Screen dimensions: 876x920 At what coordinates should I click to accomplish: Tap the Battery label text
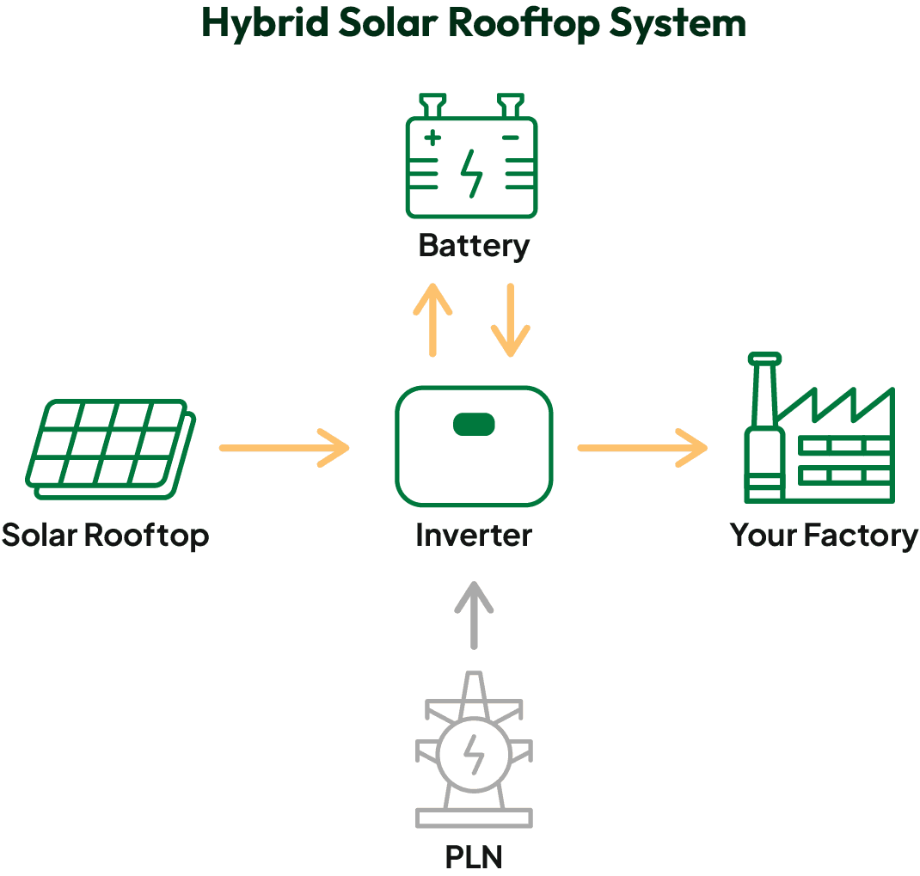(474, 246)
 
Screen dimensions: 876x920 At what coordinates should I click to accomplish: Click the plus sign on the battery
(432, 137)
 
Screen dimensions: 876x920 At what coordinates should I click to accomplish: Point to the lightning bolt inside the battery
(471, 172)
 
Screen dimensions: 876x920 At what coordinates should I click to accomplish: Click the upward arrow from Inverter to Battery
(432, 319)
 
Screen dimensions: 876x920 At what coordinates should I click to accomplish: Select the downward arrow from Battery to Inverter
(511, 319)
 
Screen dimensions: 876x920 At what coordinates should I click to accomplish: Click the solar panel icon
(111, 447)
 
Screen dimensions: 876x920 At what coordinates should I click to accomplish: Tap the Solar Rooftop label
(105, 535)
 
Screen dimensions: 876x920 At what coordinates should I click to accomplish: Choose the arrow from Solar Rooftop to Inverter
(285, 448)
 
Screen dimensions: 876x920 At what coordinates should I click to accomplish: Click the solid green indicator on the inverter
(474, 424)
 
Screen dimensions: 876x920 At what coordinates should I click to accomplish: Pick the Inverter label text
(474, 535)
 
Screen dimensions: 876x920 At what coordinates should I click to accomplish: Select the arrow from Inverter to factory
(641, 448)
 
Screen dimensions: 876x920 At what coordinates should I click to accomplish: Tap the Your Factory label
(824, 535)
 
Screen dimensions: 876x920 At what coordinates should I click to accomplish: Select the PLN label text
(474, 856)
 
